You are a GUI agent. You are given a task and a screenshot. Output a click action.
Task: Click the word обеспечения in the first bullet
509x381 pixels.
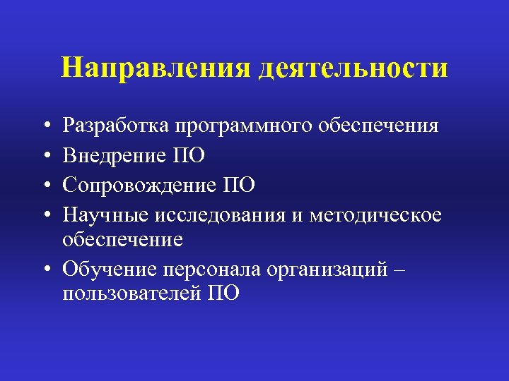click(378, 126)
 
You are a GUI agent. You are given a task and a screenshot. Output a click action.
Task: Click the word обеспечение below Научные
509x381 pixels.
click(122, 240)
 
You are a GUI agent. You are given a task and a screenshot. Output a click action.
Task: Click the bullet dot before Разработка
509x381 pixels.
click(46, 127)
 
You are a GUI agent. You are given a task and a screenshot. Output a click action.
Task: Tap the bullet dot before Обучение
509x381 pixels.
click(46, 270)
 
